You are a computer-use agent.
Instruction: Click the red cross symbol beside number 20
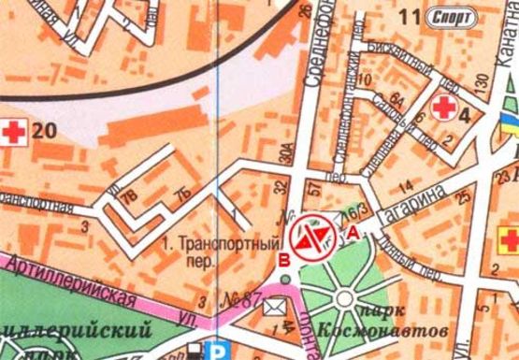[14, 133]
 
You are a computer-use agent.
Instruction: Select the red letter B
[283, 259]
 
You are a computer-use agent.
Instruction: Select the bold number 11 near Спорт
[409, 16]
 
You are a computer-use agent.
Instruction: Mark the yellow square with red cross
[510, 234]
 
